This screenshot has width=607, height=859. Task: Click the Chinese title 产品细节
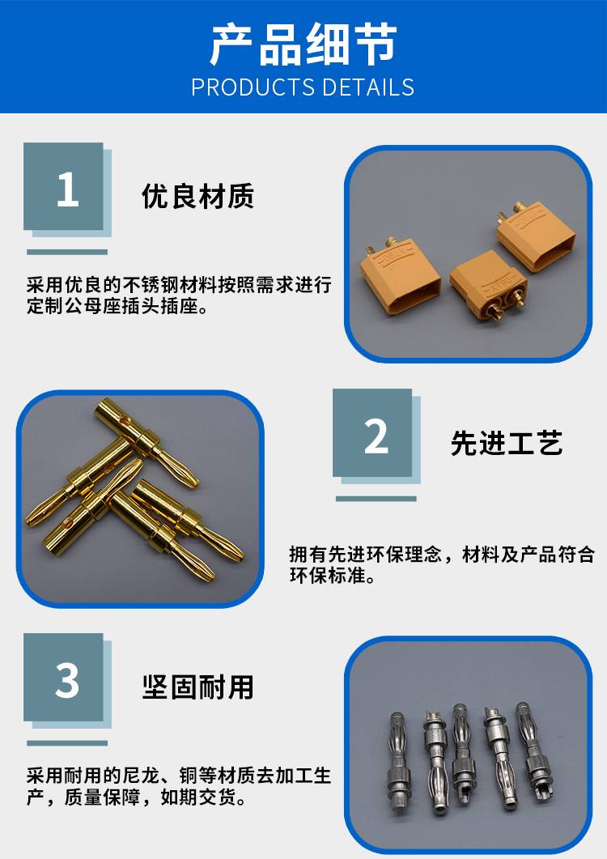[303, 45]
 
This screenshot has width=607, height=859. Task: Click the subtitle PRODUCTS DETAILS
[303, 87]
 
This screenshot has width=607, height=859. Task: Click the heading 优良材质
[197, 196]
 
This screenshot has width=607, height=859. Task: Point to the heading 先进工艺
[507, 443]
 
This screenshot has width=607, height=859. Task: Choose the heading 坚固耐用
[197, 687]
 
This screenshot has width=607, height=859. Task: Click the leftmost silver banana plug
[397, 763]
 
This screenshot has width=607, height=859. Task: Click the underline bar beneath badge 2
[376, 499]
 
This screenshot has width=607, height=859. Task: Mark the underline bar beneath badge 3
[67, 743]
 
